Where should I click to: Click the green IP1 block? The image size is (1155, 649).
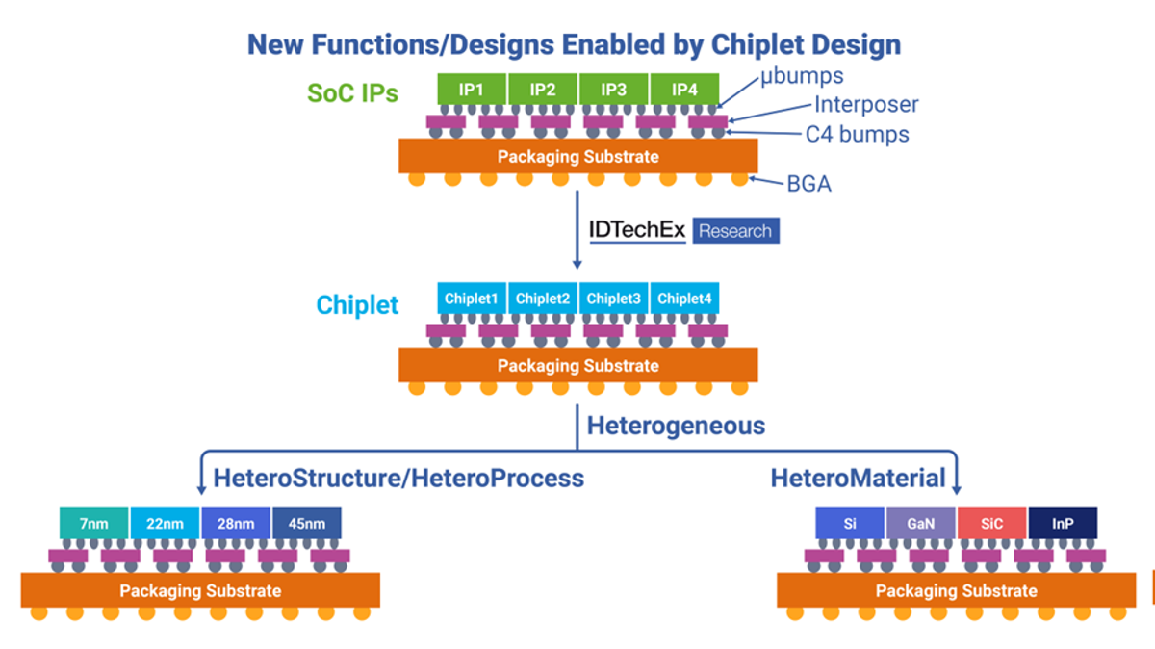[472, 90]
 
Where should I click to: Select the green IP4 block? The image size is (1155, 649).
[684, 90]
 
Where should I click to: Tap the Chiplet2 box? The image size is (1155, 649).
[543, 299]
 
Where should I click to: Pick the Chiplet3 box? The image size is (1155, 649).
[614, 299]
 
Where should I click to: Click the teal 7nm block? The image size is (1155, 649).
[94, 525]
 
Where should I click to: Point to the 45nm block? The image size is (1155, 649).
[306, 525]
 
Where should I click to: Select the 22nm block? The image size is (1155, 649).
[166, 525]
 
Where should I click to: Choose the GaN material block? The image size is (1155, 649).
[921, 525]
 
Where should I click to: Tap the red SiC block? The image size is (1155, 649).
[991, 525]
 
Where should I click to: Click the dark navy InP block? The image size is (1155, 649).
[1063, 525]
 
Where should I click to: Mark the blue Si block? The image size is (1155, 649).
[850, 525]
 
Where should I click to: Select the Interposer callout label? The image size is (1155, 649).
[866, 104]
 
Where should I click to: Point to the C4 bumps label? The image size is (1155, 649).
[857, 135]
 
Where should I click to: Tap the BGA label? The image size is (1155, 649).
[808, 184]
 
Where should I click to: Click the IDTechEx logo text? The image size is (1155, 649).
[637, 231]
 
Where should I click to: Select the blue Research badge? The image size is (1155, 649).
[735, 231]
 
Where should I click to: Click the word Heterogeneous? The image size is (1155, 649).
[676, 425]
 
